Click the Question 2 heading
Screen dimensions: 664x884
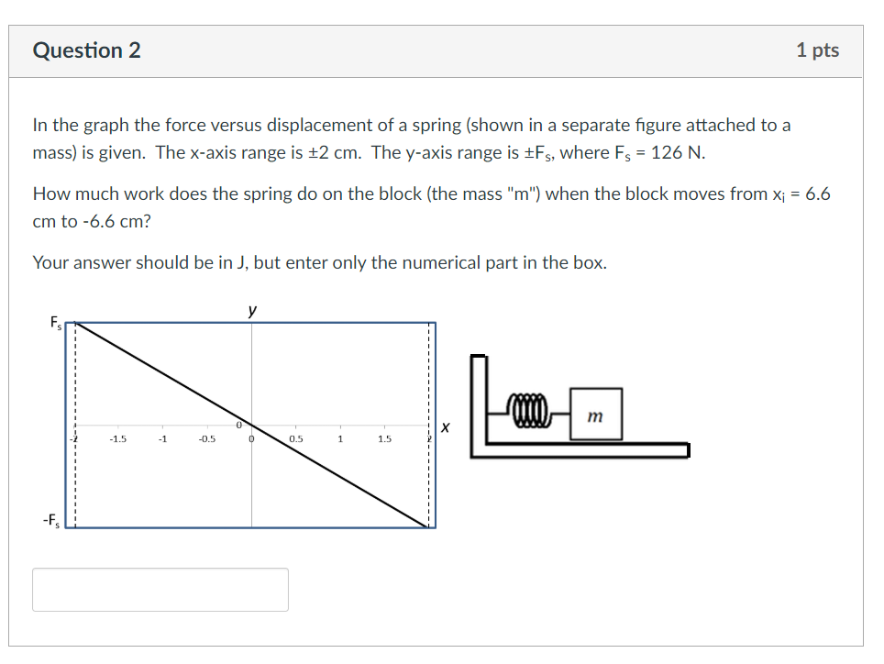click(x=87, y=50)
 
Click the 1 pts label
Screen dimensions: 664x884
click(x=817, y=50)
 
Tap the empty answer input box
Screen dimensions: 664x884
click(x=160, y=589)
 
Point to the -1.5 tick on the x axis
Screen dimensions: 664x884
click(x=118, y=439)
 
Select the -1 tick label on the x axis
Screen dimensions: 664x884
click(x=162, y=439)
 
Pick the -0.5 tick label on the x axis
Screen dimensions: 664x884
click(x=206, y=439)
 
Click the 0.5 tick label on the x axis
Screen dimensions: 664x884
click(x=295, y=439)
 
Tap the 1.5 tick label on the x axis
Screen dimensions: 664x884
click(x=384, y=439)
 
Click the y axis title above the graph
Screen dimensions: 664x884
click(x=252, y=311)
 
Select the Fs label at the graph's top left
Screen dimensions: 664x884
click(x=57, y=322)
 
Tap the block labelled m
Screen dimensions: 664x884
click(x=595, y=410)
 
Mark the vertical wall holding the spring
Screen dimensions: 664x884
click(x=477, y=404)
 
